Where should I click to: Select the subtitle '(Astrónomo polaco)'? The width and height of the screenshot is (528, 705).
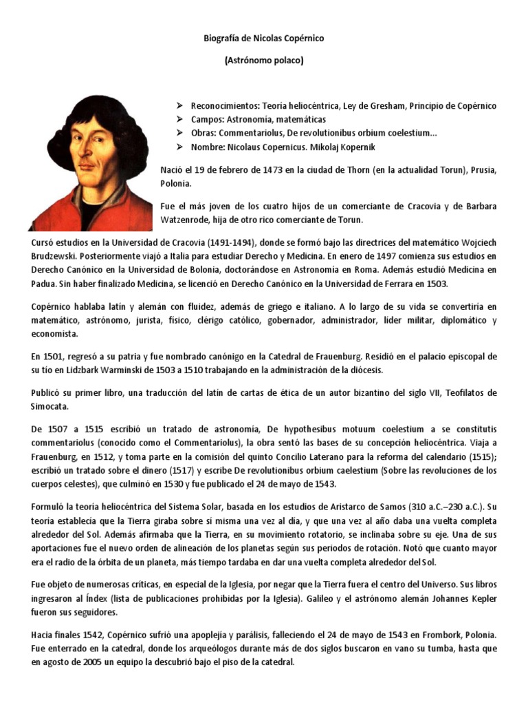263,61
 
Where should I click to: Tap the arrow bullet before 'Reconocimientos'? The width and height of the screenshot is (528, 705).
179,105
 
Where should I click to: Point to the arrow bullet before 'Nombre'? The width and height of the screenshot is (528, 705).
179,148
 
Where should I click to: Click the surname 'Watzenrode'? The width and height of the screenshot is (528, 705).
192,220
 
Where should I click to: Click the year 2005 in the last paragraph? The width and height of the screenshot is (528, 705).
96,662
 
